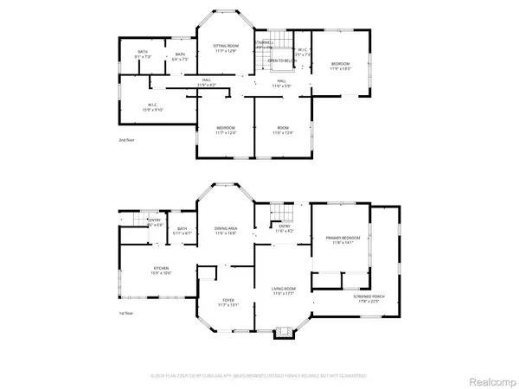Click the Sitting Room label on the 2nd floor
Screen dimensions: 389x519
(226, 49)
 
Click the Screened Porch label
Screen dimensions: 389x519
(356, 301)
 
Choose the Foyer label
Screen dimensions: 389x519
(226, 303)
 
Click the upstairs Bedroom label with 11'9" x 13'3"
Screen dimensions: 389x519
(341, 67)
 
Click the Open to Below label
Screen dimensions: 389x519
(278, 61)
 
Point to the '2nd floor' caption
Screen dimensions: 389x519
(127, 139)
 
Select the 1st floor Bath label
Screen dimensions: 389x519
(183, 231)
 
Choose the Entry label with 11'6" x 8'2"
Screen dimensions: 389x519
(285, 230)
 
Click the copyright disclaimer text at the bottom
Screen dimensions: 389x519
(259, 376)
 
